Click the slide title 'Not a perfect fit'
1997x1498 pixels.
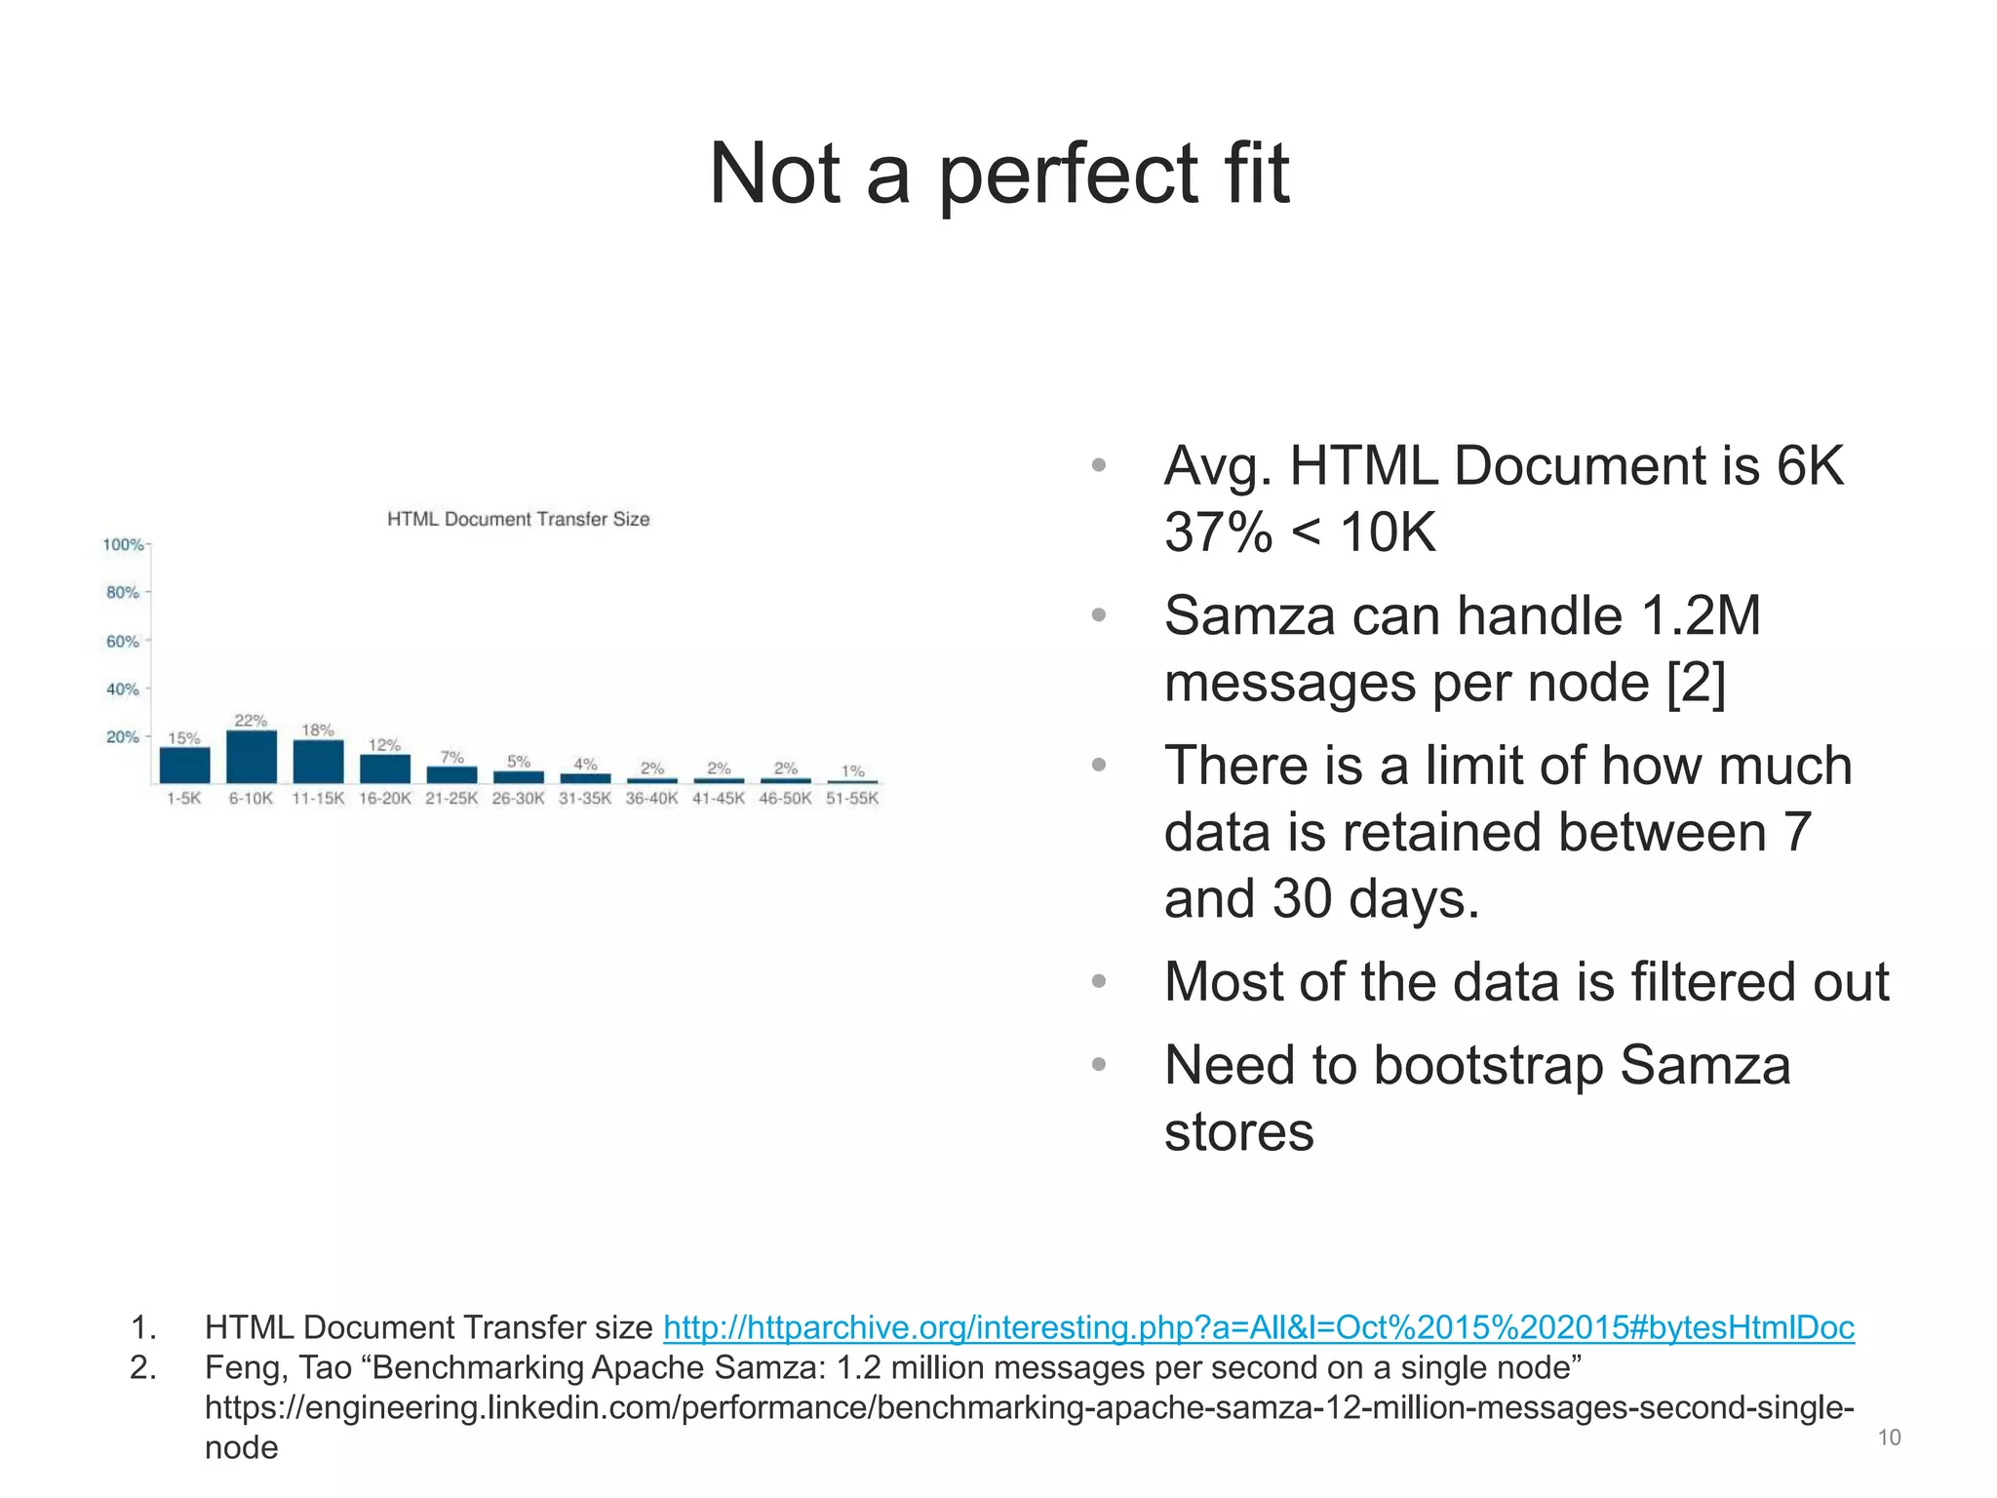[x=998, y=174]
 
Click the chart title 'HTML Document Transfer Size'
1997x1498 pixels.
[x=518, y=519]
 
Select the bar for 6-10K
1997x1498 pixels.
[x=252, y=757]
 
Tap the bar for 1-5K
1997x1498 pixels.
[x=184, y=765]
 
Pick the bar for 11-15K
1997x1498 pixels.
[x=318, y=762]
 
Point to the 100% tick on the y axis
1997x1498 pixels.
[x=123, y=544]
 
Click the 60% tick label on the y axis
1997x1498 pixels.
[x=123, y=641]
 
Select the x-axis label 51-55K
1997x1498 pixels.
[x=852, y=799]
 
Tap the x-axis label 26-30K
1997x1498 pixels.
[x=518, y=799]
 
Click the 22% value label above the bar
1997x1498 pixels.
[x=251, y=721]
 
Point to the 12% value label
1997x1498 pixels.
[x=384, y=745]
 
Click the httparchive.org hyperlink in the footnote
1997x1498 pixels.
[x=1258, y=1327]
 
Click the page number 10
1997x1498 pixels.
[x=1889, y=1438]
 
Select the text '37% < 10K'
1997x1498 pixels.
[x=1300, y=532]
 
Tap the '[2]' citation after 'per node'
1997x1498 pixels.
[x=1696, y=683]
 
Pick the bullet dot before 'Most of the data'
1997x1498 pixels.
[x=1099, y=981]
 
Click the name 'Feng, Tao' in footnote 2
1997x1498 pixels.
[x=278, y=1368]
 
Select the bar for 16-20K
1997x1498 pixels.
[x=385, y=769]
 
